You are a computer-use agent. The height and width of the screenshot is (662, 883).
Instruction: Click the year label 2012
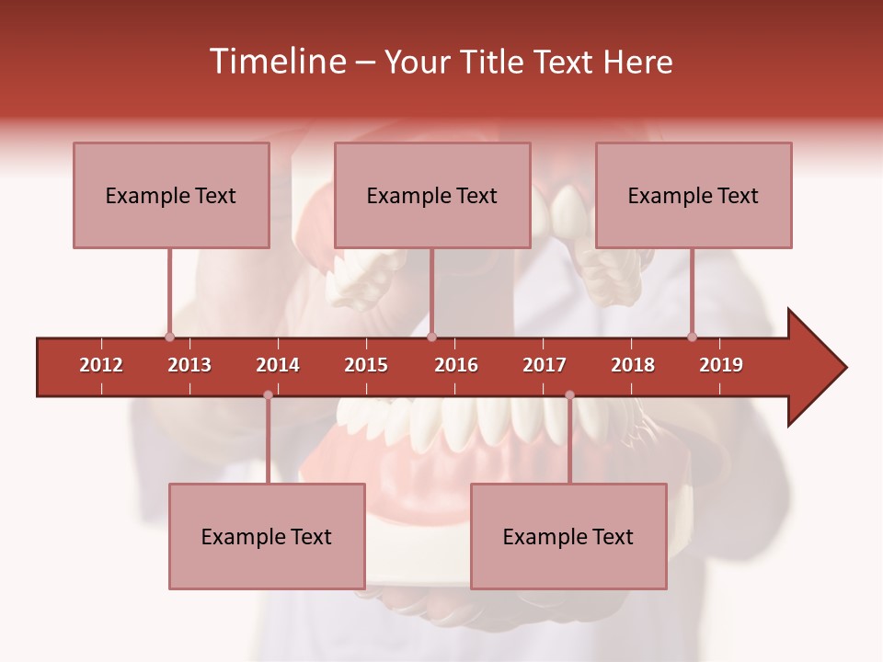pos(101,365)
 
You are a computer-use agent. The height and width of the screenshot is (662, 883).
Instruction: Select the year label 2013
pos(189,365)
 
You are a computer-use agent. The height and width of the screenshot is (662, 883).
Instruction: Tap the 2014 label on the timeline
pos(278,365)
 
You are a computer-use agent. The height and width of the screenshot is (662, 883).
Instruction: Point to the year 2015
pos(366,365)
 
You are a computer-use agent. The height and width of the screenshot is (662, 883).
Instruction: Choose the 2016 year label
pos(456,365)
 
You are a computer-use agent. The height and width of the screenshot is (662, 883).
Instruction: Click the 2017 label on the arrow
pos(545,365)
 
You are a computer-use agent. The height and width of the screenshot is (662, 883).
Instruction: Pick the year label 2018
pos(633,365)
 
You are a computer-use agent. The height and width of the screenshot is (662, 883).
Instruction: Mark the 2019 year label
pos(721,365)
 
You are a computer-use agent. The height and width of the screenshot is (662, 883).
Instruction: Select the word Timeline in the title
pos(276,62)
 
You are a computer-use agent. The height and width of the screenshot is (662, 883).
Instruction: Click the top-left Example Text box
pos(171,195)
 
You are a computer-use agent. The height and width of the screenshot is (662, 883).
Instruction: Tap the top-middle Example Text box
pos(432,195)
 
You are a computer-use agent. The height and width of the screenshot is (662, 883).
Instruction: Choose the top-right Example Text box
pos(694,195)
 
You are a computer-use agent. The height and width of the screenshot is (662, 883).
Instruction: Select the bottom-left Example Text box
pos(267,536)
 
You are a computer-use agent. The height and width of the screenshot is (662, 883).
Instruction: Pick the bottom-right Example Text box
pos(568,536)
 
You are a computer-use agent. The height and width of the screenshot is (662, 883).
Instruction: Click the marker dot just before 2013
pos(169,337)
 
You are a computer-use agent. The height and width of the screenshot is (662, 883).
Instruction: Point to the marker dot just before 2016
pos(432,337)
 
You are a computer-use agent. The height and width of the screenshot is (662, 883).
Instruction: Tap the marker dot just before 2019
pos(693,337)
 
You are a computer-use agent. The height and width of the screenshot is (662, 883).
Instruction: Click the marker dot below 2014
pos(268,395)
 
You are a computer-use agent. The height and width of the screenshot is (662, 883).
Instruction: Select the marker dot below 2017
pos(569,395)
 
